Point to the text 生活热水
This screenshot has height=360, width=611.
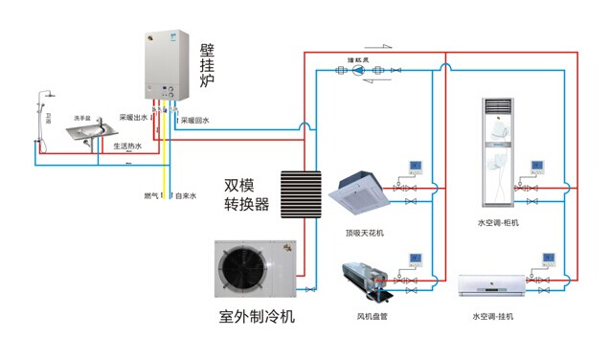[x=127, y=146]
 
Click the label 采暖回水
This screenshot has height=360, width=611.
[x=195, y=121]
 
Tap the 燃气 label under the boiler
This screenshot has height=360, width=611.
[x=149, y=195]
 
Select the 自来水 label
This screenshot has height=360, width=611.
[x=185, y=195]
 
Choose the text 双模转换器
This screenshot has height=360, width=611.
[x=246, y=194]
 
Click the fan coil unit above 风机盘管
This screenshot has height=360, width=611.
[x=364, y=277]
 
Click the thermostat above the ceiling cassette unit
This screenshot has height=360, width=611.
[x=416, y=167]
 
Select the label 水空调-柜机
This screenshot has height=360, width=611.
[x=497, y=223]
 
